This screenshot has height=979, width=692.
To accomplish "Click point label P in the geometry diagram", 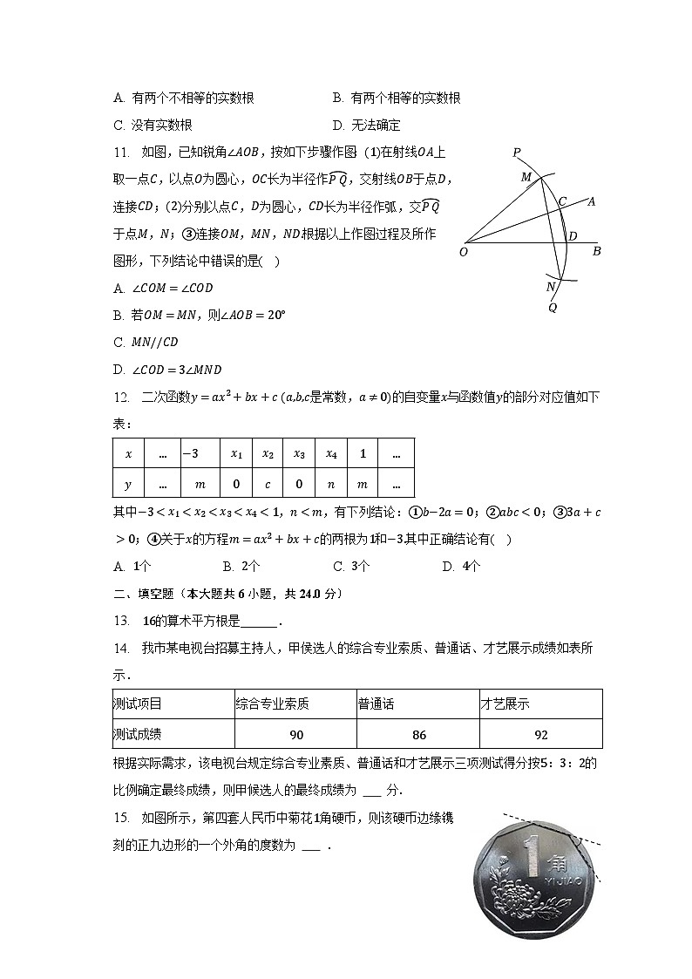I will [517, 153].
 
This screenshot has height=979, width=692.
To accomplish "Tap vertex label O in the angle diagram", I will [463, 253].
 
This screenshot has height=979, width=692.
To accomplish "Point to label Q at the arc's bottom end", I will [553, 307].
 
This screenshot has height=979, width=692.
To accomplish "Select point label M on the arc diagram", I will [526, 177].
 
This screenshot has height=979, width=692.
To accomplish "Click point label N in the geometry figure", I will [550, 287].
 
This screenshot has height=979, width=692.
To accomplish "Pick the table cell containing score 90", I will [296, 734].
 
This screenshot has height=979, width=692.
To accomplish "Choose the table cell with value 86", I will [418, 734].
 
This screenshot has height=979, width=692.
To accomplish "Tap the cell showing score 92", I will [541, 734].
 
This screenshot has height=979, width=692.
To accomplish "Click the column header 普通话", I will [376, 704].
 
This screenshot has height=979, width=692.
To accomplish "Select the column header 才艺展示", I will [505, 704].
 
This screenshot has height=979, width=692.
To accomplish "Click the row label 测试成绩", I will [137, 734].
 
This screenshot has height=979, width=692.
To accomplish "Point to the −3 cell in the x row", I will [190, 453].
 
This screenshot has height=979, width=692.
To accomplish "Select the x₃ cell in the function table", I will [298, 453].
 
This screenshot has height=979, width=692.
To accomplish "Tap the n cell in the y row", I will [331, 483].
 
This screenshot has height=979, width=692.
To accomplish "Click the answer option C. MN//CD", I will [146, 342].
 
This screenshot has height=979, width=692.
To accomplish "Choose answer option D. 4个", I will [461, 566].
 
